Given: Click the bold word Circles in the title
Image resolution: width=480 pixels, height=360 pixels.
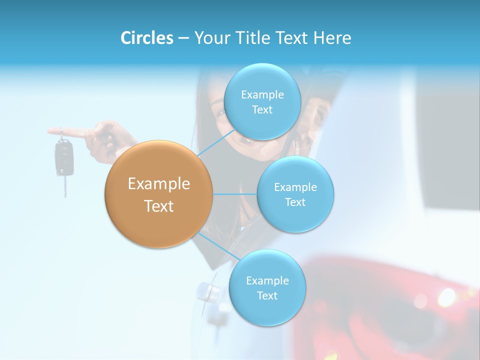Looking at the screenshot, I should [146, 38].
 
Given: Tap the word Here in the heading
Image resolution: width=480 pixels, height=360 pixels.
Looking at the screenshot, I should [332, 38].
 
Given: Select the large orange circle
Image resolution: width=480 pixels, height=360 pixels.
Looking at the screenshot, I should [159, 194].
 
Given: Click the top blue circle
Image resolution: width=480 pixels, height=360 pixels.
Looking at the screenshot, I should [262, 101].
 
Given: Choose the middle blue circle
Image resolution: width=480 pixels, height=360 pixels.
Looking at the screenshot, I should [295, 194].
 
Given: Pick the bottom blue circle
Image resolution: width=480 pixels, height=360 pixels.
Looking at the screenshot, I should [267, 288].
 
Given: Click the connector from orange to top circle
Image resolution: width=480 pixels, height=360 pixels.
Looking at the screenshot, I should [216, 143].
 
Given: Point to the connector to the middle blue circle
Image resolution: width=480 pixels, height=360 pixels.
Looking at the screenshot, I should [234, 194].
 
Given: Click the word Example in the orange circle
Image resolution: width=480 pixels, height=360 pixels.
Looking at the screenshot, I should [159, 184].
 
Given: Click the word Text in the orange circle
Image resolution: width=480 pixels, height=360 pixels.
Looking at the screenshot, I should [159, 206].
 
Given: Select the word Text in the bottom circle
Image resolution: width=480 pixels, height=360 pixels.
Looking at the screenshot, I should [267, 296].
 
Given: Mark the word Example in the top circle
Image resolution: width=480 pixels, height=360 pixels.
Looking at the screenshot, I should [262, 94].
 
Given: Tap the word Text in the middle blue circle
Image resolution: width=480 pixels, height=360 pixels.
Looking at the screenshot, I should [295, 202].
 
